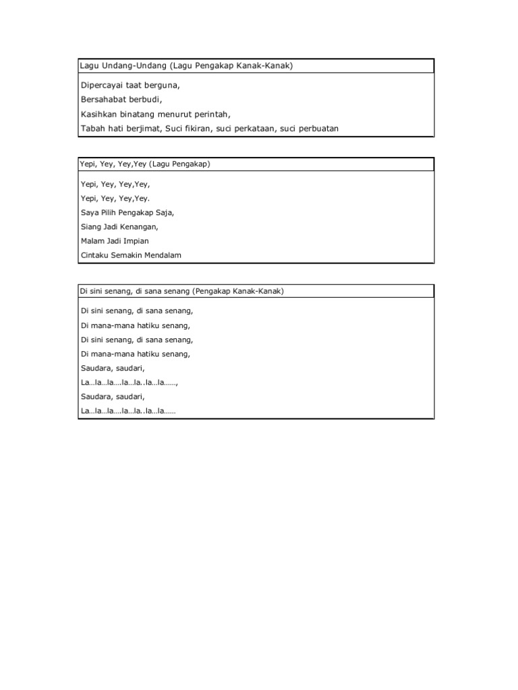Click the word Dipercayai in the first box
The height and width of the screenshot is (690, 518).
coord(103,86)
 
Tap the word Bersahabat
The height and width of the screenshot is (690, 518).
coord(104,100)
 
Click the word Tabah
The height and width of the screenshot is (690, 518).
coord(91,128)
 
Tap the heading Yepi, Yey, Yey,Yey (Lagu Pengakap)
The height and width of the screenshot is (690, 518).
coord(146,164)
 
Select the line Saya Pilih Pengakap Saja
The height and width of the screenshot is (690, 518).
coord(127,212)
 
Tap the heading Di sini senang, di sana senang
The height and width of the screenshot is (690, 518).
coord(134,291)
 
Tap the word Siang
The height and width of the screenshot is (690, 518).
coord(90,226)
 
